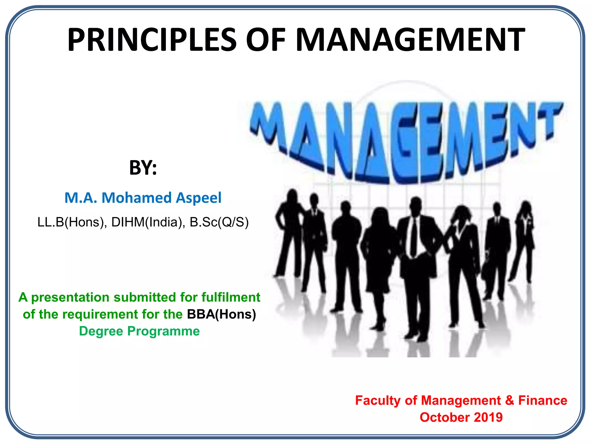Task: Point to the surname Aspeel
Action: pyautogui.click(x=199, y=198)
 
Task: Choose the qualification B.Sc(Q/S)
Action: pyautogui.click(x=219, y=222)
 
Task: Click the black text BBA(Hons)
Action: pyautogui.click(x=221, y=314)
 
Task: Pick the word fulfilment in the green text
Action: pyautogui.click(x=231, y=297)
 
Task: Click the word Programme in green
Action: pyautogui.click(x=163, y=331)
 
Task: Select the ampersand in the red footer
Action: pyautogui.click(x=509, y=401)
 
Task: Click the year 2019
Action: pyautogui.click(x=488, y=417)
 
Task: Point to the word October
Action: pyautogui.click(x=445, y=417)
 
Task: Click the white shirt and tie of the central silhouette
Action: pyautogui.click(x=414, y=237)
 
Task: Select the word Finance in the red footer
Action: pyautogui.click(x=542, y=401)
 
